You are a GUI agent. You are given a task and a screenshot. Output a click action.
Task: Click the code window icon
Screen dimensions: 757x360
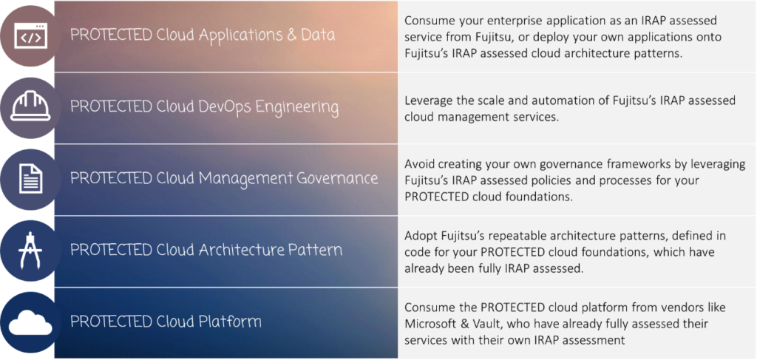pos(30,35)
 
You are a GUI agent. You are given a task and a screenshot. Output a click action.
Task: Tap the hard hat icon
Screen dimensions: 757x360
pos(30,106)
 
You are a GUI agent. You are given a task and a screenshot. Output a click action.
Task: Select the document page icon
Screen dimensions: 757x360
pos(31,179)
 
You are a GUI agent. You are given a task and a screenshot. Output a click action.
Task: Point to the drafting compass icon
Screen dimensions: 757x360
pos(31,251)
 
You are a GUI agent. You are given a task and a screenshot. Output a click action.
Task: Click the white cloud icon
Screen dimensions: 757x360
pos(30,322)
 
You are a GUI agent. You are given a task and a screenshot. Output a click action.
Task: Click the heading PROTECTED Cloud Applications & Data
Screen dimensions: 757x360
pos(203,35)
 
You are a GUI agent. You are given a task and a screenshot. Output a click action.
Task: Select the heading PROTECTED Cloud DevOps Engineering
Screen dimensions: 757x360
pos(204,107)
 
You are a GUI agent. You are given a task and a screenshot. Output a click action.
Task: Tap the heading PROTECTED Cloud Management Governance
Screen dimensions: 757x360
pos(224,178)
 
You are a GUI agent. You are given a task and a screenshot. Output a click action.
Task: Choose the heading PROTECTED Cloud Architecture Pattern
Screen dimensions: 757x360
pos(206,250)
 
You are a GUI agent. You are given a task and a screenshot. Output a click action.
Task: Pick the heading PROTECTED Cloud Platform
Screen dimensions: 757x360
pos(166,322)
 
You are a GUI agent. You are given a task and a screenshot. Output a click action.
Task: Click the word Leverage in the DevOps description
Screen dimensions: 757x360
pos(425,101)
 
